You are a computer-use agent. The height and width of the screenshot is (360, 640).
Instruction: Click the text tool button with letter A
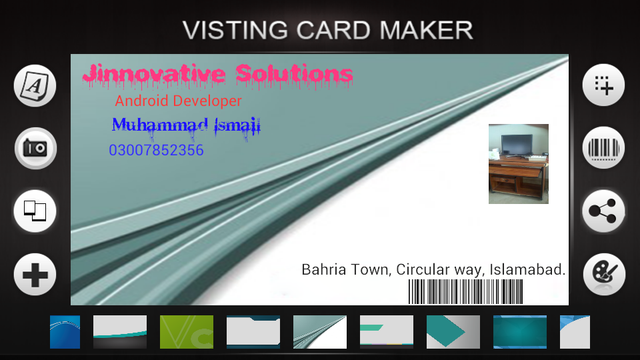35,86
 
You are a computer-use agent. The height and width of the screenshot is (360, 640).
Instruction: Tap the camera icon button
35,148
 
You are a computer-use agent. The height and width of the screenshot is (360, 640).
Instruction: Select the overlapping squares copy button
35,211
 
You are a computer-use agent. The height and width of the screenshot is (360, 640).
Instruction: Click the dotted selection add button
604,85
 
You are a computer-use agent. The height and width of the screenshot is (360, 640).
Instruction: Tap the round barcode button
604,148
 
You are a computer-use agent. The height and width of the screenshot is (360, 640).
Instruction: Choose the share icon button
604,211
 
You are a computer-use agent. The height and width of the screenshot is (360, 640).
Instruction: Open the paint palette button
604,274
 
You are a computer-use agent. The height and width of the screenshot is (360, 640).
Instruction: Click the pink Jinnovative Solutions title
217,76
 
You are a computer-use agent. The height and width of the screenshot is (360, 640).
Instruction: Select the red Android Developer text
179,101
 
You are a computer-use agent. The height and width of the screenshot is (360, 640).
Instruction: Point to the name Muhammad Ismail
186,126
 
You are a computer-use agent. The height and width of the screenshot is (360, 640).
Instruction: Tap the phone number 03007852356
156,150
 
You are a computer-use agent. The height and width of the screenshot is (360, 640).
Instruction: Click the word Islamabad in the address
527,269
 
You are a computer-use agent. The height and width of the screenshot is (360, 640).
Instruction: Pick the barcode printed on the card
466,291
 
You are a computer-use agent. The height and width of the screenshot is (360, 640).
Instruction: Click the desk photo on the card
519,164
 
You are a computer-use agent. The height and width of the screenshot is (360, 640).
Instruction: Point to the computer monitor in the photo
517,145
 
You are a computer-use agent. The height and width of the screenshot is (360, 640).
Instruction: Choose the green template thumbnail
187,332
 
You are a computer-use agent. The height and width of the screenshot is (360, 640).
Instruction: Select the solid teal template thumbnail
519,332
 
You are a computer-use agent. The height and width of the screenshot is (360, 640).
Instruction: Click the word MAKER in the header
426,30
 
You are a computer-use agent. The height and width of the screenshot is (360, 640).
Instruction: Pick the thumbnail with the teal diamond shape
453,332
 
